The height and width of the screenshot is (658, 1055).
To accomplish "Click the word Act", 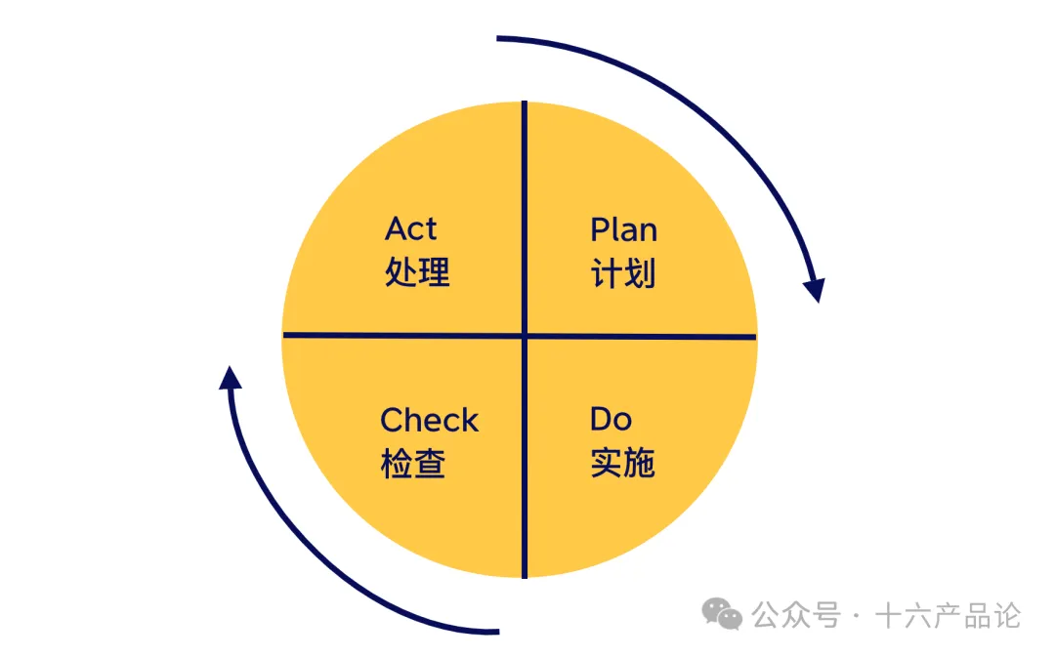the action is click(410, 228).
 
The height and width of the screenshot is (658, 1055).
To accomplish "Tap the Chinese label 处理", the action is click(417, 272).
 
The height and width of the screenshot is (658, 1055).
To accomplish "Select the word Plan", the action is click(623, 229).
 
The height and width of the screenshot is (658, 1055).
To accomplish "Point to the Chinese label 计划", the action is click(623, 273).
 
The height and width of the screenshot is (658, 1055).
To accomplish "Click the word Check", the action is click(429, 421).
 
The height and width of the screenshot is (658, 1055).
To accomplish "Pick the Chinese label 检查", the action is click(413, 464).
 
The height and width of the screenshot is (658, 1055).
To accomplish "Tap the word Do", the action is click(611, 420).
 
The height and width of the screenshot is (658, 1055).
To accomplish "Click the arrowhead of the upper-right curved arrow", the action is click(815, 290).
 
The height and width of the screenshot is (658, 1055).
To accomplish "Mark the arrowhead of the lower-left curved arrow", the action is click(231, 378).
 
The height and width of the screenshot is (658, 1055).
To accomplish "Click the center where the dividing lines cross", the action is click(525, 337).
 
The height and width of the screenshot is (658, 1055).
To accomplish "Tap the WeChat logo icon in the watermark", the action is click(724, 615).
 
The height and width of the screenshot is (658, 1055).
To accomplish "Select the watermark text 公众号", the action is click(795, 616).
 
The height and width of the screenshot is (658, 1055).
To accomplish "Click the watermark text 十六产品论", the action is click(948, 616).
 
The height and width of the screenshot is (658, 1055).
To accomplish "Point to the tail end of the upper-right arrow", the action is click(499, 38).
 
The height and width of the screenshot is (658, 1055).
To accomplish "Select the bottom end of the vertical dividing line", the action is click(525, 575).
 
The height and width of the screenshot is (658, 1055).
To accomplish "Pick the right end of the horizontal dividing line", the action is click(754, 338).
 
